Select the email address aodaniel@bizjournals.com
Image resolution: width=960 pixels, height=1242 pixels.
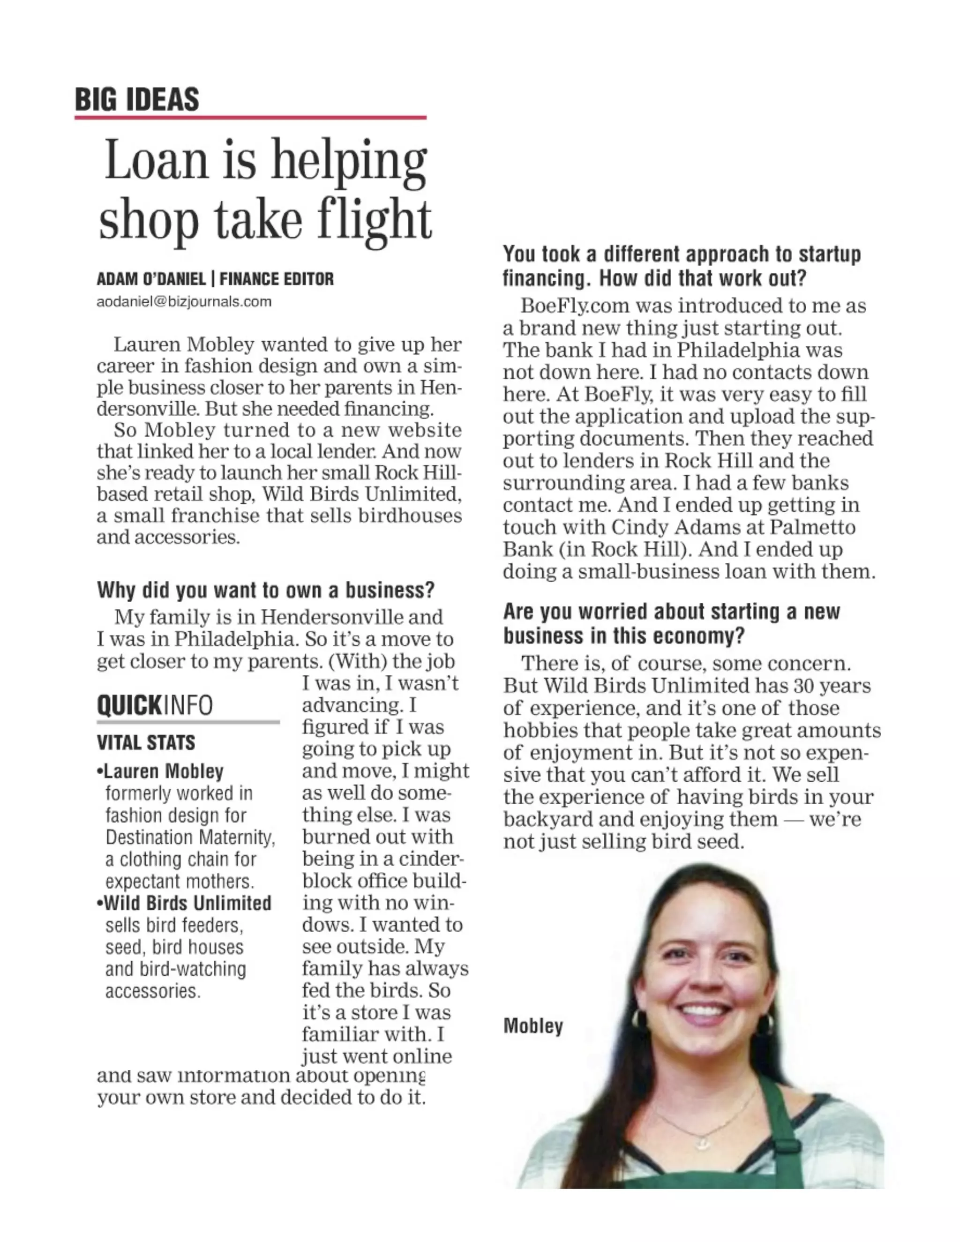[184, 301]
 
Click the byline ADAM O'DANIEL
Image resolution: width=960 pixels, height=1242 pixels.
[151, 279]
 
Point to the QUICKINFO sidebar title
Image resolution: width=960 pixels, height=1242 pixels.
[155, 705]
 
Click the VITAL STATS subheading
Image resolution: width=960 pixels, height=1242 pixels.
[146, 743]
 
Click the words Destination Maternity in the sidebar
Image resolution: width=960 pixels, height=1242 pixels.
[189, 837]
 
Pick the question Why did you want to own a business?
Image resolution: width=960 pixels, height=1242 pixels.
[266, 590]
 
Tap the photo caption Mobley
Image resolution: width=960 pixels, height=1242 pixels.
[533, 1026]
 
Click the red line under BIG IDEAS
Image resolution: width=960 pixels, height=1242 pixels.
[250, 118]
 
